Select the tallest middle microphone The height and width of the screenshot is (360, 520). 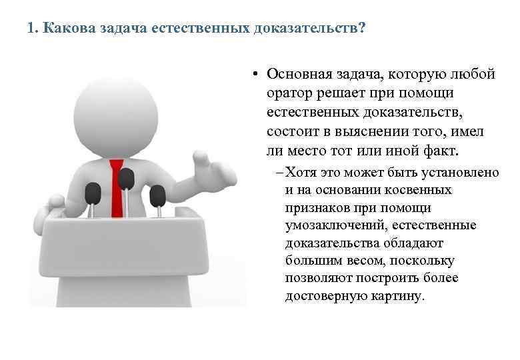[126, 179]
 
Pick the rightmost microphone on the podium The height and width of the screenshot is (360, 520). [157, 195]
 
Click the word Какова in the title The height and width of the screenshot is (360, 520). [63, 29]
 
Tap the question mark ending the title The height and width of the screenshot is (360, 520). [361, 29]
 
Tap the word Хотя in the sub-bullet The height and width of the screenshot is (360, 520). [300, 173]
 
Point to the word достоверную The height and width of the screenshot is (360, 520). [325, 295]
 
